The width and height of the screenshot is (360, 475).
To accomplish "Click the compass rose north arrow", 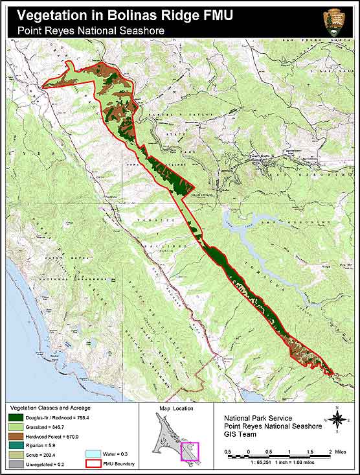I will tap(337, 418).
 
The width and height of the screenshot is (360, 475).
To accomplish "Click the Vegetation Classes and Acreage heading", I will tap(49, 408).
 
